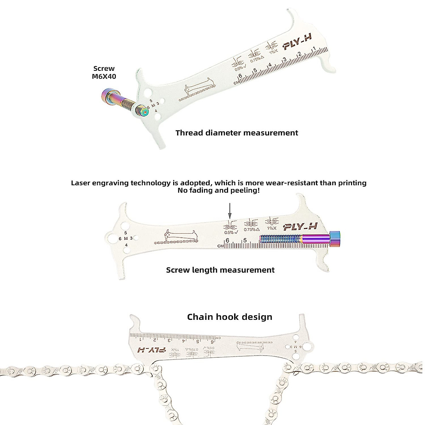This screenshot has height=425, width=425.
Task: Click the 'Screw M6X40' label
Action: [x=104, y=72]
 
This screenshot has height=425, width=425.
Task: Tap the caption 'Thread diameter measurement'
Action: [x=237, y=133]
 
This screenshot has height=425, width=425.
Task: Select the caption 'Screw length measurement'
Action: [x=220, y=270]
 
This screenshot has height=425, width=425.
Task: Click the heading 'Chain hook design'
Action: [x=229, y=317]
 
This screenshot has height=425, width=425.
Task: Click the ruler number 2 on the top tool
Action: [x=300, y=55]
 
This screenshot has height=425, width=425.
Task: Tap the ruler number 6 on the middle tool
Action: [x=227, y=240]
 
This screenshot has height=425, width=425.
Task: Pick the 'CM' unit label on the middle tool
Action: [x=220, y=245]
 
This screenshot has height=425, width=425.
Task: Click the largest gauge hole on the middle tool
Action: [x=113, y=238]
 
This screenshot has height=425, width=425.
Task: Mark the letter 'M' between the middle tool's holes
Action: [x=126, y=238]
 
